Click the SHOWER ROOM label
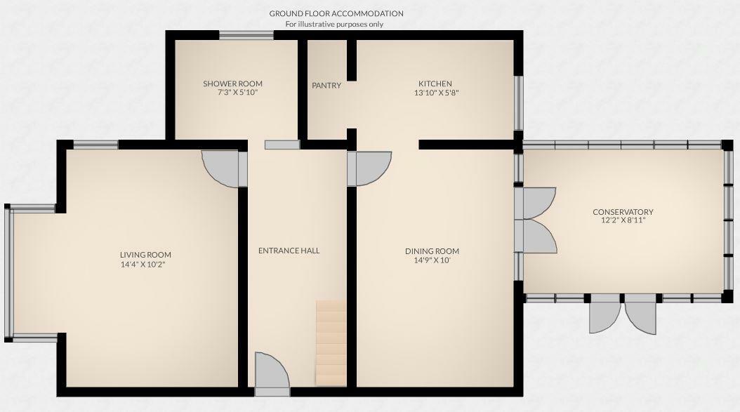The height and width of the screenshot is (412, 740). pos(232,84)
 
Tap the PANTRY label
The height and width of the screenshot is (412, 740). pos(326,86)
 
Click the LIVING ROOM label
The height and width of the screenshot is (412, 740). pos(145,255)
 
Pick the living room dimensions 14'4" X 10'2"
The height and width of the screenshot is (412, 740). pos(145,265)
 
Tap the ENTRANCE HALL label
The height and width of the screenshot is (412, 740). pos(289,251)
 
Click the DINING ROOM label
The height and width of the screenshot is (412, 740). pos(432,251)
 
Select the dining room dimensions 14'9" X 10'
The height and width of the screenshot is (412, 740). pos(432,260)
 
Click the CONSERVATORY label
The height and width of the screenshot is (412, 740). pos(623,212)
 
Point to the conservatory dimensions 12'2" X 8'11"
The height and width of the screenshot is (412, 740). pos(623,220)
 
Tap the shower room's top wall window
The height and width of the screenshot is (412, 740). pos(246,35)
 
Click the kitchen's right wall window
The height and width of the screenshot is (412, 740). pos(520,102)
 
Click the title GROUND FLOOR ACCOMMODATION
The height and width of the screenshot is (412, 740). pos(336,13)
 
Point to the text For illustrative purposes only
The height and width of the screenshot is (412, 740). pos(334,24)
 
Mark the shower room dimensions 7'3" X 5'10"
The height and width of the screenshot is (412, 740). pos(232,92)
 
